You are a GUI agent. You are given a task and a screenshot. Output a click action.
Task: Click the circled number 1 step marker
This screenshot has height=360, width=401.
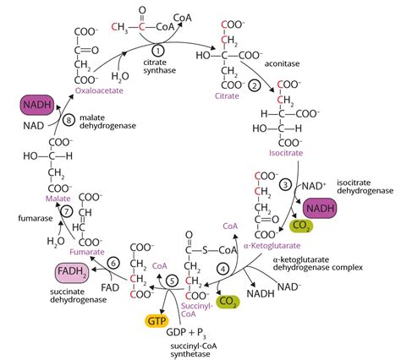pyautogui.click(x=158, y=51)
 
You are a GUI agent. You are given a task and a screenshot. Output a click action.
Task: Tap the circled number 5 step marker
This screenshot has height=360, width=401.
pyautogui.click(x=173, y=281)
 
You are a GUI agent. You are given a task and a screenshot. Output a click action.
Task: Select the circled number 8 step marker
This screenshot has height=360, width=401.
pyautogui.click(x=69, y=120)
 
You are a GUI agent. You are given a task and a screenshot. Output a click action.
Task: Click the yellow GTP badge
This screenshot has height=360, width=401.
pyautogui.click(x=157, y=321)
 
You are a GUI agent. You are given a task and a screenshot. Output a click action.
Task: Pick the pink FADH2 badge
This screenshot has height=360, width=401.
pyautogui.click(x=72, y=272)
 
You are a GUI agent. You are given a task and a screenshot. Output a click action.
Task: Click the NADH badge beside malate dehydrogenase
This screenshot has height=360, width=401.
pyautogui.click(x=37, y=105)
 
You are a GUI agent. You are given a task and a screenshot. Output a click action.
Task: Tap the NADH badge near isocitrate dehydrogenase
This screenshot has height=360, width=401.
pyautogui.click(x=320, y=209)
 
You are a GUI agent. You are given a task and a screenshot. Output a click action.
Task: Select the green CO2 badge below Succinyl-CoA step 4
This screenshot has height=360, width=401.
pyautogui.click(x=228, y=302)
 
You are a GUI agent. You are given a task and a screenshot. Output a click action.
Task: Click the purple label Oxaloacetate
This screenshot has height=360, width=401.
pyautogui.click(x=99, y=91)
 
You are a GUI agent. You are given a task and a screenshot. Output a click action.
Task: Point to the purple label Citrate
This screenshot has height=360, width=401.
pyautogui.click(x=227, y=96)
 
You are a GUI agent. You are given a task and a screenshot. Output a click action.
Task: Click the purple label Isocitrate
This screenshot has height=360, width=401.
pyautogui.click(x=286, y=153)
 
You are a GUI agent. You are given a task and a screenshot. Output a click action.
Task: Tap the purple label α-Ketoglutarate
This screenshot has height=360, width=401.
pyautogui.click(x=272, y=246)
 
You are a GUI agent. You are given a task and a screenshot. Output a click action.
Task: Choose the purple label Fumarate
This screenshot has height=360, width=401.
pyautogui.click(x=87, y=252)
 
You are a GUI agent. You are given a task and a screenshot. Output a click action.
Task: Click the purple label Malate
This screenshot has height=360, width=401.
pyautogui.click(x=58, y=199)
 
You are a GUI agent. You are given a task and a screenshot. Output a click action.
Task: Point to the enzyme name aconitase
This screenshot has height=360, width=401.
pyautogui.click(x=282, y=64)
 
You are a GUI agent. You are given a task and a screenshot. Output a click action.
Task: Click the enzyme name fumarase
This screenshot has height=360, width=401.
pyautogui.click(x=36, y=218)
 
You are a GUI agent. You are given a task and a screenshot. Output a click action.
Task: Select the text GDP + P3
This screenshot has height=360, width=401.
pyautogui.click(x=186, y=333)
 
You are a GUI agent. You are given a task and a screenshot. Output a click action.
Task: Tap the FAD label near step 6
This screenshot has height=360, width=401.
pyautogui.click(x=110, y=288)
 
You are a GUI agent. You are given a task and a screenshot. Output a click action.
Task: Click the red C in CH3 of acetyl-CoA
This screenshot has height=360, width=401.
pyautogui.click(x=114, y=27)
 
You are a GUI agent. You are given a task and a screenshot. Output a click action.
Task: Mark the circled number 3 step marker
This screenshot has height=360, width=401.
pyautogui.click(x=286, y=185)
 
